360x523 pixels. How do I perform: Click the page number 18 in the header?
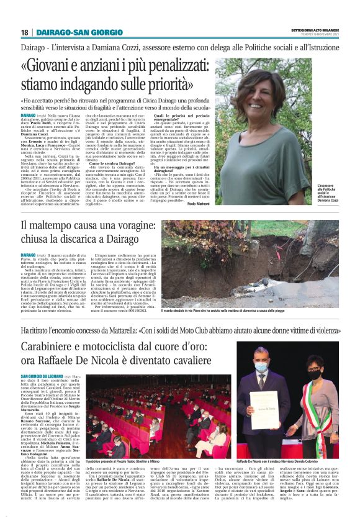[24, 32]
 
